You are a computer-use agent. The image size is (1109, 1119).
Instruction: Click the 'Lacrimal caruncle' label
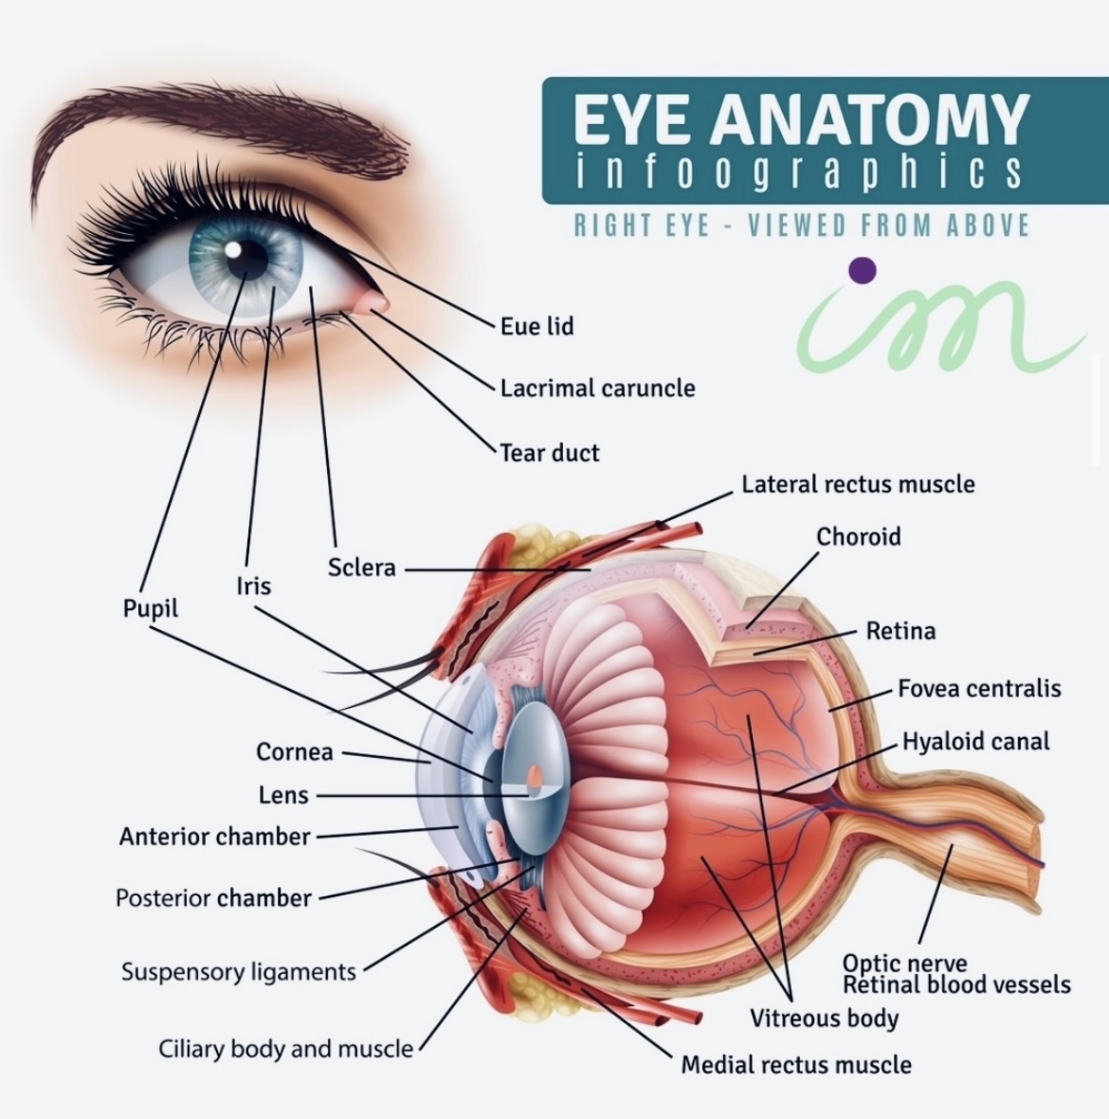[x=597, y=388]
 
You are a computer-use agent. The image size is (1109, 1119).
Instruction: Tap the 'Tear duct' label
[x=549, y=453]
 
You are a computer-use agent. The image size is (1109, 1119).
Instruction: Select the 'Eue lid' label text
[x=537, y=326]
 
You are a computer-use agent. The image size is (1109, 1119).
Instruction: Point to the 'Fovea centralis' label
[x=979, y=689]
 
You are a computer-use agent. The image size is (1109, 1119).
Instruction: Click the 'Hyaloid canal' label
[x=975, y=742]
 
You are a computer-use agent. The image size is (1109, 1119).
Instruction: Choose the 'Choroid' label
[x=859, y=536]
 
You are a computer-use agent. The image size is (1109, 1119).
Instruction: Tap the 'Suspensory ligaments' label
[x=239, y=972]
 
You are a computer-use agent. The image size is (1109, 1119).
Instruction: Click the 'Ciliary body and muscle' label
[x=285, y=1049]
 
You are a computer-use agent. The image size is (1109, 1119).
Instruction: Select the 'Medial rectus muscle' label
[x=796, y=1065]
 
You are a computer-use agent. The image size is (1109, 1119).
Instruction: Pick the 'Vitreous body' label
[x=824, y=1019]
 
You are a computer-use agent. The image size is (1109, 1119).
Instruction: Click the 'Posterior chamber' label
[x=213, y=898]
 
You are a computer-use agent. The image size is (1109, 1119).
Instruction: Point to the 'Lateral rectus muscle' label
[x=859, y=484]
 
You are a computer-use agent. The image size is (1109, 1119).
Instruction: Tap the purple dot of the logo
[x=863, y=270]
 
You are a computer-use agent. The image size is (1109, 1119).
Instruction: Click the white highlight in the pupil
[x=233, y=250]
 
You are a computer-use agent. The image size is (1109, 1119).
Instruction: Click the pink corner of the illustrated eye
[x=376, y=303]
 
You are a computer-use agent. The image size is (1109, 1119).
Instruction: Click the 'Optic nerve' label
[x=905, y=963]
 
